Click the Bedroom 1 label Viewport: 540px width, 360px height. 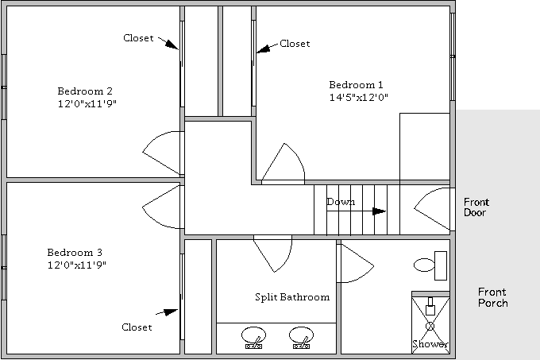point(356,85)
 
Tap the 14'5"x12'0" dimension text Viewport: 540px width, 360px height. point(358,97)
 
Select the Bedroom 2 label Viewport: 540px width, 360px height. point(85,91)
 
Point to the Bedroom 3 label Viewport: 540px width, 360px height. point(75,253)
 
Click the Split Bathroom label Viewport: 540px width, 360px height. point(292,297)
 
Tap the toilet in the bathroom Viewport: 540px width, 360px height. point(430,265)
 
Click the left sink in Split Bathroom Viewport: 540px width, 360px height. point(253,337)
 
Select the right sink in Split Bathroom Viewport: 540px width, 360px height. point(301,337)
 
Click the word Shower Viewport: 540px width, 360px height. point(430,344)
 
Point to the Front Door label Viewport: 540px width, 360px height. point(476,207)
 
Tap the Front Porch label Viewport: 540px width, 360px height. point(493,298)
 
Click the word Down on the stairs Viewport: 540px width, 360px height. point(341,202)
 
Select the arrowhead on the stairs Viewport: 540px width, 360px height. point(379,211)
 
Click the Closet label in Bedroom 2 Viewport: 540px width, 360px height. point(138,38)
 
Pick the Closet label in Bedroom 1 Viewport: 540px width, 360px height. point(295,44)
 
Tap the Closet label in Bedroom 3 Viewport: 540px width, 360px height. point(137,327)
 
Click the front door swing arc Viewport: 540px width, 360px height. point(423,195)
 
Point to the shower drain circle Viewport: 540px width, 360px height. point(430,326)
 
